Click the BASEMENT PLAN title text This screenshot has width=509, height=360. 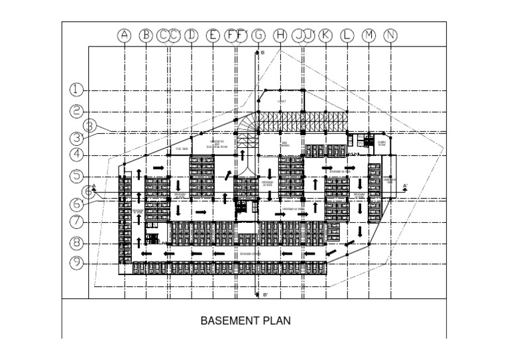246,320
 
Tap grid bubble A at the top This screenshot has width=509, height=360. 124,36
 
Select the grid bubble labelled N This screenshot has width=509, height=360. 391,36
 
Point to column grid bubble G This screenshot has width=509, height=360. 258,36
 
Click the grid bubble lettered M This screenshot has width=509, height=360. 369,36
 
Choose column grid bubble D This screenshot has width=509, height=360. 191,36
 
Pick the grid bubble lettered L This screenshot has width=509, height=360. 347,36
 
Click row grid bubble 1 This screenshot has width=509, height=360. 78,90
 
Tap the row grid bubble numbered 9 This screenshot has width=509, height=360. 78,263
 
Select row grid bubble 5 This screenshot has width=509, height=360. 78,176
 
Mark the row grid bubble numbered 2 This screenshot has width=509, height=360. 78,111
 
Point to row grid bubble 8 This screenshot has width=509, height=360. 78,243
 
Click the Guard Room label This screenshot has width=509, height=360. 382,142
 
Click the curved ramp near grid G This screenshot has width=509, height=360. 249,129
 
